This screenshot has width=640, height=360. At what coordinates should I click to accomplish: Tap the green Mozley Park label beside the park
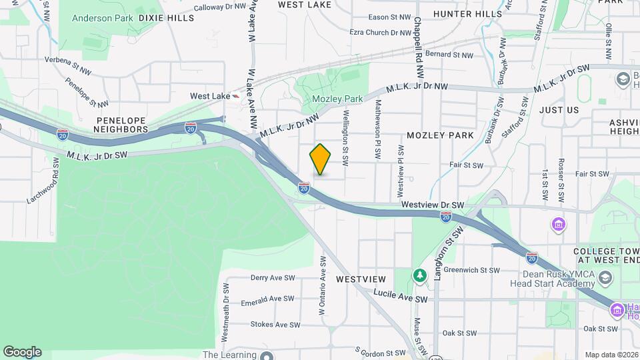337,99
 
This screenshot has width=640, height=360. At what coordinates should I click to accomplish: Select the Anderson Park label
102,18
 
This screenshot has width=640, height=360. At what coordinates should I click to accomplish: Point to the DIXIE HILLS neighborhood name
167,18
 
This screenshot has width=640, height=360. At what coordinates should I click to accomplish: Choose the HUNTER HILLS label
477,13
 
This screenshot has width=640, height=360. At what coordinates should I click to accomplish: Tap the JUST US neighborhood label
559,109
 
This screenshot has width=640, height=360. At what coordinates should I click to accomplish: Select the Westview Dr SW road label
433,205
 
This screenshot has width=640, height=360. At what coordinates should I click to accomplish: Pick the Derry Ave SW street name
272,277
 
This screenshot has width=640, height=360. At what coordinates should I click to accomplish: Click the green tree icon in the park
419,275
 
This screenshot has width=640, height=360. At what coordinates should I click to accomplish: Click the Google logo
22,352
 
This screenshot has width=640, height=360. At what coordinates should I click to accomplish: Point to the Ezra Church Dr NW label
381,32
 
